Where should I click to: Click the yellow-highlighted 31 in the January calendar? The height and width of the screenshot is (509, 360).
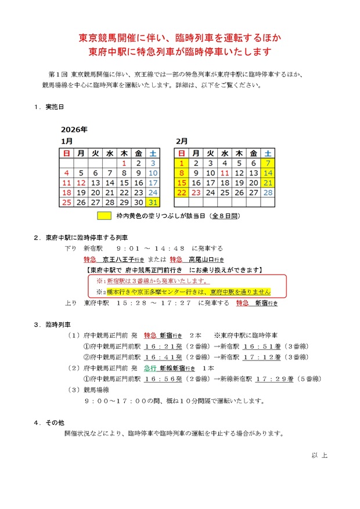pyautogui.click(x=153, y=203)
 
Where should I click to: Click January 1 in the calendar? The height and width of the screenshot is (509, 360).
pyautogui.click(x=124, y=163)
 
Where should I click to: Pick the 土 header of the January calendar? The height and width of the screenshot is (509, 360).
pyautogui.click(x=153, y=153)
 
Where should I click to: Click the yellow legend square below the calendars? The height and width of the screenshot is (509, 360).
pyautogui.click(x=105, y=216)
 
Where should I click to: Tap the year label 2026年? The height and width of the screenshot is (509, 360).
pyautogui.click(x=74, y=129)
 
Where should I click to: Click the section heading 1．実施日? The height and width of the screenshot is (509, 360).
pyautogui.click(x=49, y=107)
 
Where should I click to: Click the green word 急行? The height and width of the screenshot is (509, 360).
pyautogui.click(x=150, y=368)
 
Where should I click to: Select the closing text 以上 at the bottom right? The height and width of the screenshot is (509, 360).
pyautogui.click(x=319, y=455)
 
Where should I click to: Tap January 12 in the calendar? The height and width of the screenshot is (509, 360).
pyautogui.click(x=81, y=183)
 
